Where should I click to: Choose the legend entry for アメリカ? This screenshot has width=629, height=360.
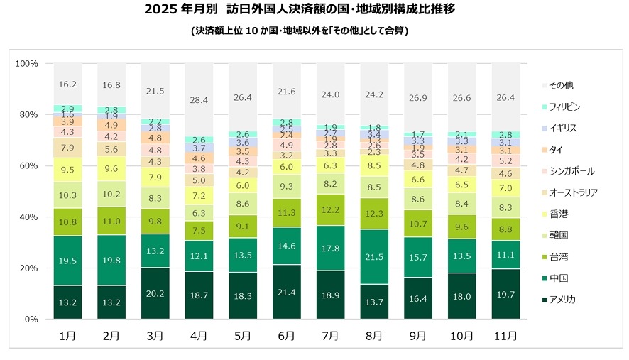tap(561, 300)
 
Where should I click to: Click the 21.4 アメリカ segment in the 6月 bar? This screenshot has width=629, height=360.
tap(286, 292)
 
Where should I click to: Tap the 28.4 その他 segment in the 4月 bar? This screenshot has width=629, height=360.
tap(199, 99)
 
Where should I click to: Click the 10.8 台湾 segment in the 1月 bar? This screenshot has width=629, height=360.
tap(67, 222)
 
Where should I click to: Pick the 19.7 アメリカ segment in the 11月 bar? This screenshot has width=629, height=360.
tap(505, 294)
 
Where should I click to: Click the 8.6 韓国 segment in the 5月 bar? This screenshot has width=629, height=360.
tap(242, 204)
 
